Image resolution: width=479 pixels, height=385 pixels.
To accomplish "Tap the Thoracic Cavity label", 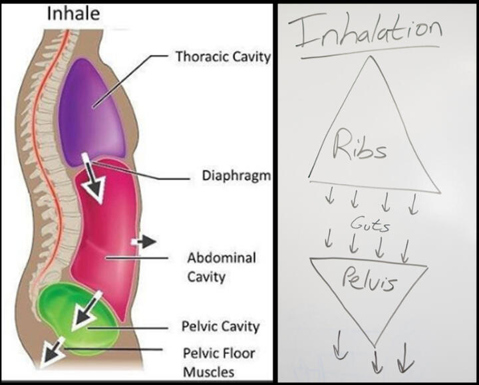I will point(223,57).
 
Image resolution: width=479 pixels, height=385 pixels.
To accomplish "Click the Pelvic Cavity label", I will point(220,326).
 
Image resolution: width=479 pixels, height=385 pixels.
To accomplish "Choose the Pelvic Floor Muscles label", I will point(218,362).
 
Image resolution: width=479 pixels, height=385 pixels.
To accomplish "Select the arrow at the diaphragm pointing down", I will point(93,180).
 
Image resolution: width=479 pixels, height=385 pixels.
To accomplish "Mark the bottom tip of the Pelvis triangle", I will point(375,344).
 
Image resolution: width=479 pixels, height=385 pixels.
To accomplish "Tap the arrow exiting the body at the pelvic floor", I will point(50,352).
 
